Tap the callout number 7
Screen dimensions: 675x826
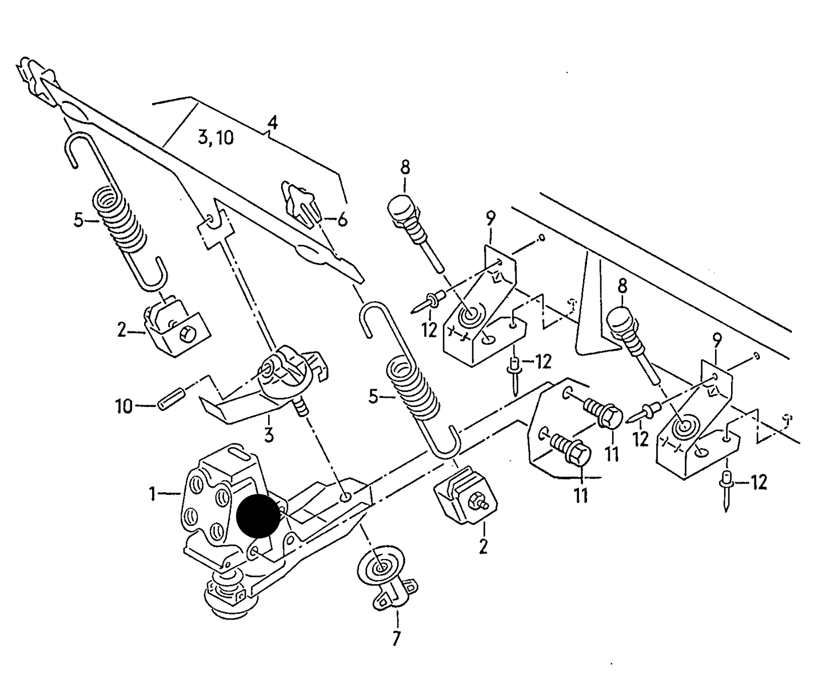397,638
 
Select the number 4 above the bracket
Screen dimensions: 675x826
273,122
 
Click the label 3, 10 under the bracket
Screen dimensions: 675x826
216,137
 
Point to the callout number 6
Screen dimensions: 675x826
342,219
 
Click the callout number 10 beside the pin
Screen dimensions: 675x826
123,406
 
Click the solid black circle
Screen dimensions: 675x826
258,515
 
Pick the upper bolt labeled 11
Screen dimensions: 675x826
604,413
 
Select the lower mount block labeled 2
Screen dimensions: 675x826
466,496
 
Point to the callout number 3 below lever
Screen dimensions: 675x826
268,435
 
